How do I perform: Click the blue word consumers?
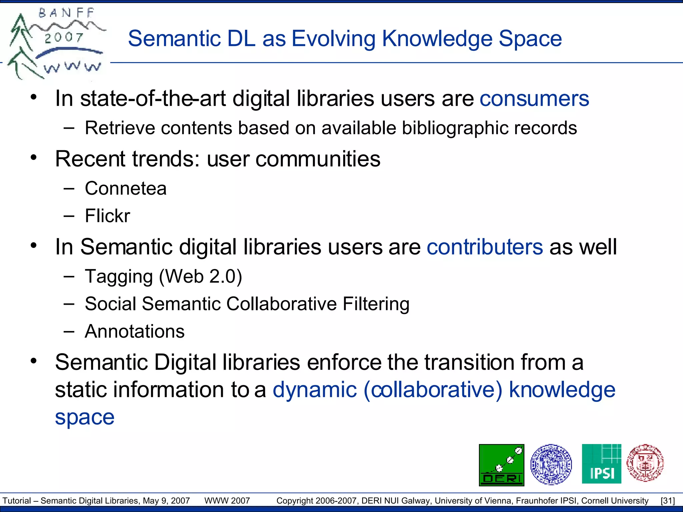(x=534, y=99)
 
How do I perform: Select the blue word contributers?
(x=485, y=247)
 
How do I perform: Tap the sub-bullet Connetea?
(x=125, y=189)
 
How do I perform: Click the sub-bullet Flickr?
(x=107, y=216)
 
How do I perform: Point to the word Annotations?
(x=134, y=332)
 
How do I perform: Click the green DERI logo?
(x=501, y=465)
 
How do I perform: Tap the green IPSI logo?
(x=601, y=464)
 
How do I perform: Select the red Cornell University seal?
(x=645, y=463)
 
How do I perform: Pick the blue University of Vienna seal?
(x=551, y=464)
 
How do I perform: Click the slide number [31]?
(x=668, y=501)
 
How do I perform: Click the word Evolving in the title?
(x=333, y=39)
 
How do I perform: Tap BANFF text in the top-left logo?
(x=67, y=13)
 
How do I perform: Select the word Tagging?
(x=119, y=277)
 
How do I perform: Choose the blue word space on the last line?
(x=85, y=417)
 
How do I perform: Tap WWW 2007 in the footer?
(x=227, y=501)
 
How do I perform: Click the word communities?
(x=318, y=159)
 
